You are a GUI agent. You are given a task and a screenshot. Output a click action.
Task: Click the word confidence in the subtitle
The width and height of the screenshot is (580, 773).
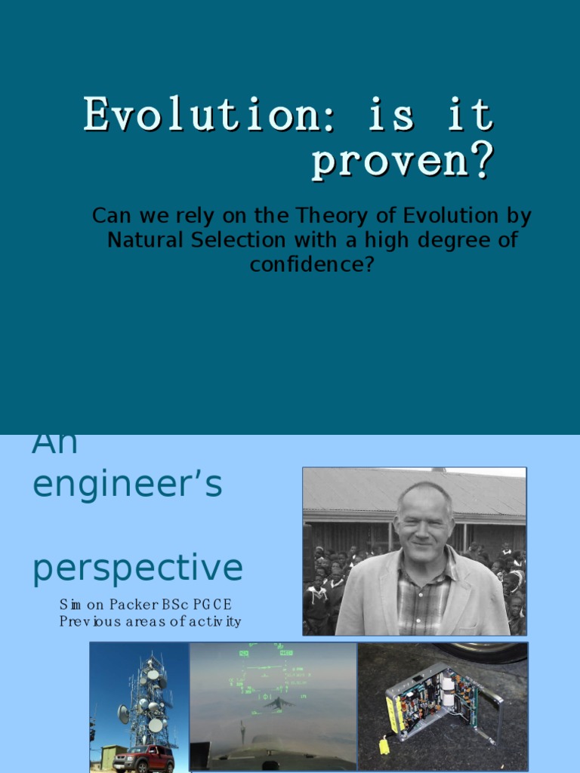click(x=312, y=265)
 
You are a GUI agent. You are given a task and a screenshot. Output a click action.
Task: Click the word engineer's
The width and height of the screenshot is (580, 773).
click(x=127, y=484)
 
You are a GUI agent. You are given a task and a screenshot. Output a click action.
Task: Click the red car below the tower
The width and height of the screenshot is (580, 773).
click(x=143, y=757)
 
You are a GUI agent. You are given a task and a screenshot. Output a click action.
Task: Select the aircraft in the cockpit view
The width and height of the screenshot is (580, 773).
click(x=278, y=702)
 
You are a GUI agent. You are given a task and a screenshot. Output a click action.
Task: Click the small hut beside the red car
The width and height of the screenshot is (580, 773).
click(x=113, y=755)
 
